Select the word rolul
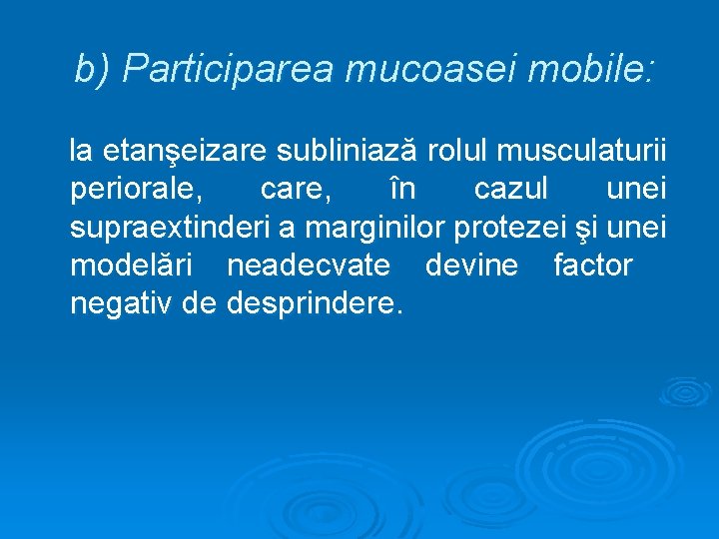click(x=459, y=152)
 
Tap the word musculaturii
click(x=584, y=152)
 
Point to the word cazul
click(x=510, y=190)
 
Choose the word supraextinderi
click(x=171, y=228)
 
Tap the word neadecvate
click(x=312, y=266)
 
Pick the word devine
click(x=472, y=266)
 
